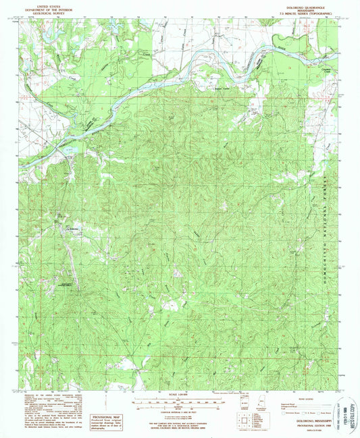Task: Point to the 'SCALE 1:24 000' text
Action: (178, 393)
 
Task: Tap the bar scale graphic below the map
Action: (178, 402)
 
